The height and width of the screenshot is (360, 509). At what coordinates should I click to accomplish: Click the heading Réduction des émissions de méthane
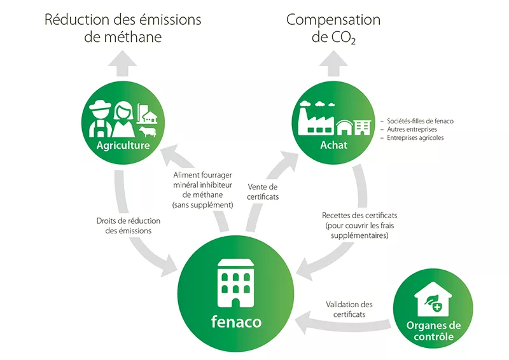click(x=123, y=28)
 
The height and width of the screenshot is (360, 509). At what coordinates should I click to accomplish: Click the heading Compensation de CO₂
click(x=333, y=28)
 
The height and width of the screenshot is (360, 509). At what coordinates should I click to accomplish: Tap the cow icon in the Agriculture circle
click(x=148, y=132)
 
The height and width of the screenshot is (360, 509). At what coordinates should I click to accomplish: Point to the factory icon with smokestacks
click(x=317, y=119)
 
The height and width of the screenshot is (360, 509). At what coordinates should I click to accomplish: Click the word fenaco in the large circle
click(x=235, y=321)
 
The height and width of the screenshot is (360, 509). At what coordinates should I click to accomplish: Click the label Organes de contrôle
click(x=433, y=331)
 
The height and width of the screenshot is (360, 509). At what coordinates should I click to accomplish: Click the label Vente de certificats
click(x=262, y=191)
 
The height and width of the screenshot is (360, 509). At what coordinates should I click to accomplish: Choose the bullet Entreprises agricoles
click(x=414, y=137)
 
